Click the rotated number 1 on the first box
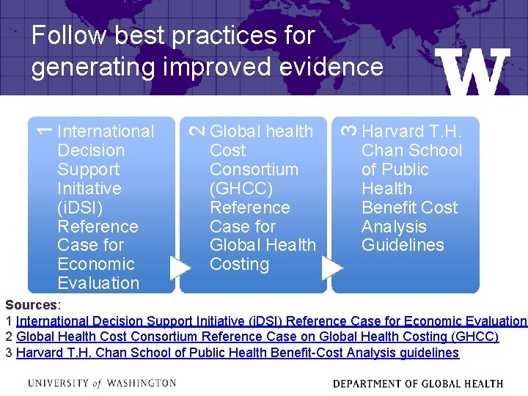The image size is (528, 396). click(x=44, y=130)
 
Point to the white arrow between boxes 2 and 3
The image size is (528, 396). click(x=331, y=267)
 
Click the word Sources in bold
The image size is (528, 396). click(x=31, y=304)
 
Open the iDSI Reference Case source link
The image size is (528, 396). click(x=271, y=320)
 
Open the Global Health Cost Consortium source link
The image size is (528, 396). click(x=257, y=337)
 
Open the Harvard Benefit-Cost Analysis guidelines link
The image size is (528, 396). click(x=237, y=353)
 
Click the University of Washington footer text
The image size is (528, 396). click(x=102, y=383)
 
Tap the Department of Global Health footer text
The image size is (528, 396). click(x=417, y=384)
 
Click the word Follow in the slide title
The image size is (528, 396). click(x=68, y=35)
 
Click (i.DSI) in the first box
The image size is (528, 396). click(x=80, y=208)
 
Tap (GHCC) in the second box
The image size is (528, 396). click(x=241, y=188)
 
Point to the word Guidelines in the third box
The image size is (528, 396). click(x=403, y=245)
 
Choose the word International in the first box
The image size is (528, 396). click(x=106, y=131)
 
